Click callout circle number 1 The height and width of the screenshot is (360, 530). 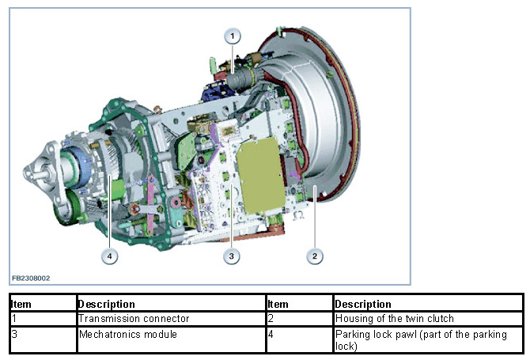233,36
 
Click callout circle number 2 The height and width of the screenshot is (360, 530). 315,255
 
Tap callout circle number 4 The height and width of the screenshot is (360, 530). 108,255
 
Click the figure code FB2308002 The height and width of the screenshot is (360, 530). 31,279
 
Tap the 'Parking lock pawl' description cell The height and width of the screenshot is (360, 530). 427,339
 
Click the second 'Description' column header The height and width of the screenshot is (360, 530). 363,304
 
